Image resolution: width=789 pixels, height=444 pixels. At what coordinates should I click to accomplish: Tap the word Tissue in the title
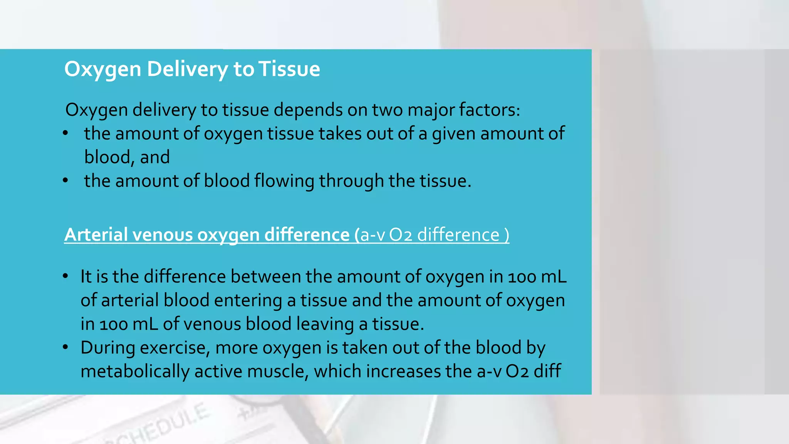[x=289, y=69]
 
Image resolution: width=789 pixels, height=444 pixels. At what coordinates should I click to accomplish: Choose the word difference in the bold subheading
[x=307, y=235]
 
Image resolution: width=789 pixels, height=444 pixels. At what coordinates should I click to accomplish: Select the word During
[x=107, y=348]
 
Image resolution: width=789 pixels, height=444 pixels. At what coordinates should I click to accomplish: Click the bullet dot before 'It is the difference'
[x=65, y=276]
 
